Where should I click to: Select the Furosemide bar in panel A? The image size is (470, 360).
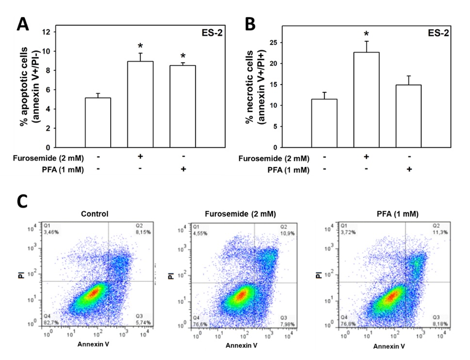click(x=140, y=104)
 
